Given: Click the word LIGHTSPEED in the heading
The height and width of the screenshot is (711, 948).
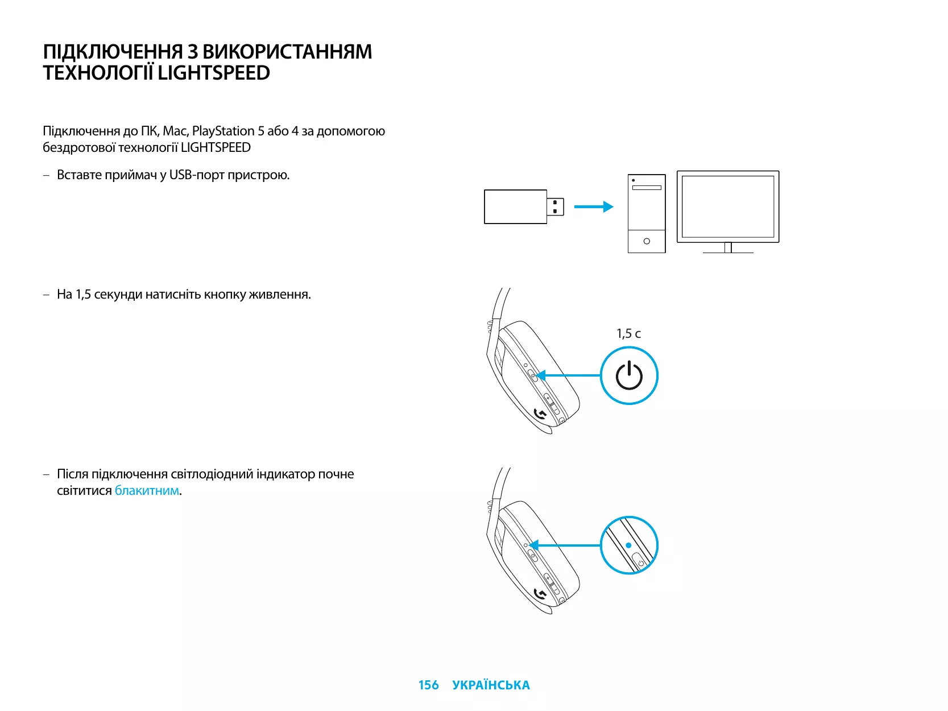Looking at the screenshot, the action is (x=214, y=73).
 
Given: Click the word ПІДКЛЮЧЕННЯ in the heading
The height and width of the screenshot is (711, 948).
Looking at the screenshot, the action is (x=113, y=52).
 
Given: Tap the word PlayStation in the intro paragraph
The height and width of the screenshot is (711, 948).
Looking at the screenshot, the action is (x=223, y=131).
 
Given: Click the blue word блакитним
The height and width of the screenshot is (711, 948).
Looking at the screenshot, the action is (x=147, y=491).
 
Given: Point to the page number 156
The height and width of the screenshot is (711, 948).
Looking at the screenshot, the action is (x=428, y=685).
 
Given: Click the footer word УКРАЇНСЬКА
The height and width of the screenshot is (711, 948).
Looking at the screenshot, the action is (x=491, y=685).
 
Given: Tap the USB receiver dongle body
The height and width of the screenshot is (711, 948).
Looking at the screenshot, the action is (x=515, y=207).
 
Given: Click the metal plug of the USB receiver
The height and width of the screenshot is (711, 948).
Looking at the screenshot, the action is (x=556, y=207).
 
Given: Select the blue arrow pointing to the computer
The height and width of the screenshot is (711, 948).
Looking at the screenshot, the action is (x=593, y=207).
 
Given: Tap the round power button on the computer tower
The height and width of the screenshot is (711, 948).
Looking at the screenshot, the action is (x=647, y=241).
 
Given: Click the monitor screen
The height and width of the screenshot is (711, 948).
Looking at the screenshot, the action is (x=728, y=206).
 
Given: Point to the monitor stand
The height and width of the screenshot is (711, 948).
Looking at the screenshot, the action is (x=728, y=248).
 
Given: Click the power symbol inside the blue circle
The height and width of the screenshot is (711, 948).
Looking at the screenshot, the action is (x=629, y=376).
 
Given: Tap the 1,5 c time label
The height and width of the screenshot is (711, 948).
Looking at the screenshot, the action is (x=628, y=334).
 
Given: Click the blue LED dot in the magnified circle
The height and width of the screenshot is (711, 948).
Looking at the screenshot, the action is (x=628, y=545).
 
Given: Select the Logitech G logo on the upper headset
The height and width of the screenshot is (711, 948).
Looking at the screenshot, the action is (x=541, y=414).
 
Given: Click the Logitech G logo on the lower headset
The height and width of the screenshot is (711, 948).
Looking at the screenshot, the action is (x=541, y=594).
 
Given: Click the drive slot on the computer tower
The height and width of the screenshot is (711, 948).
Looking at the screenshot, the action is (x=647, y=188).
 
